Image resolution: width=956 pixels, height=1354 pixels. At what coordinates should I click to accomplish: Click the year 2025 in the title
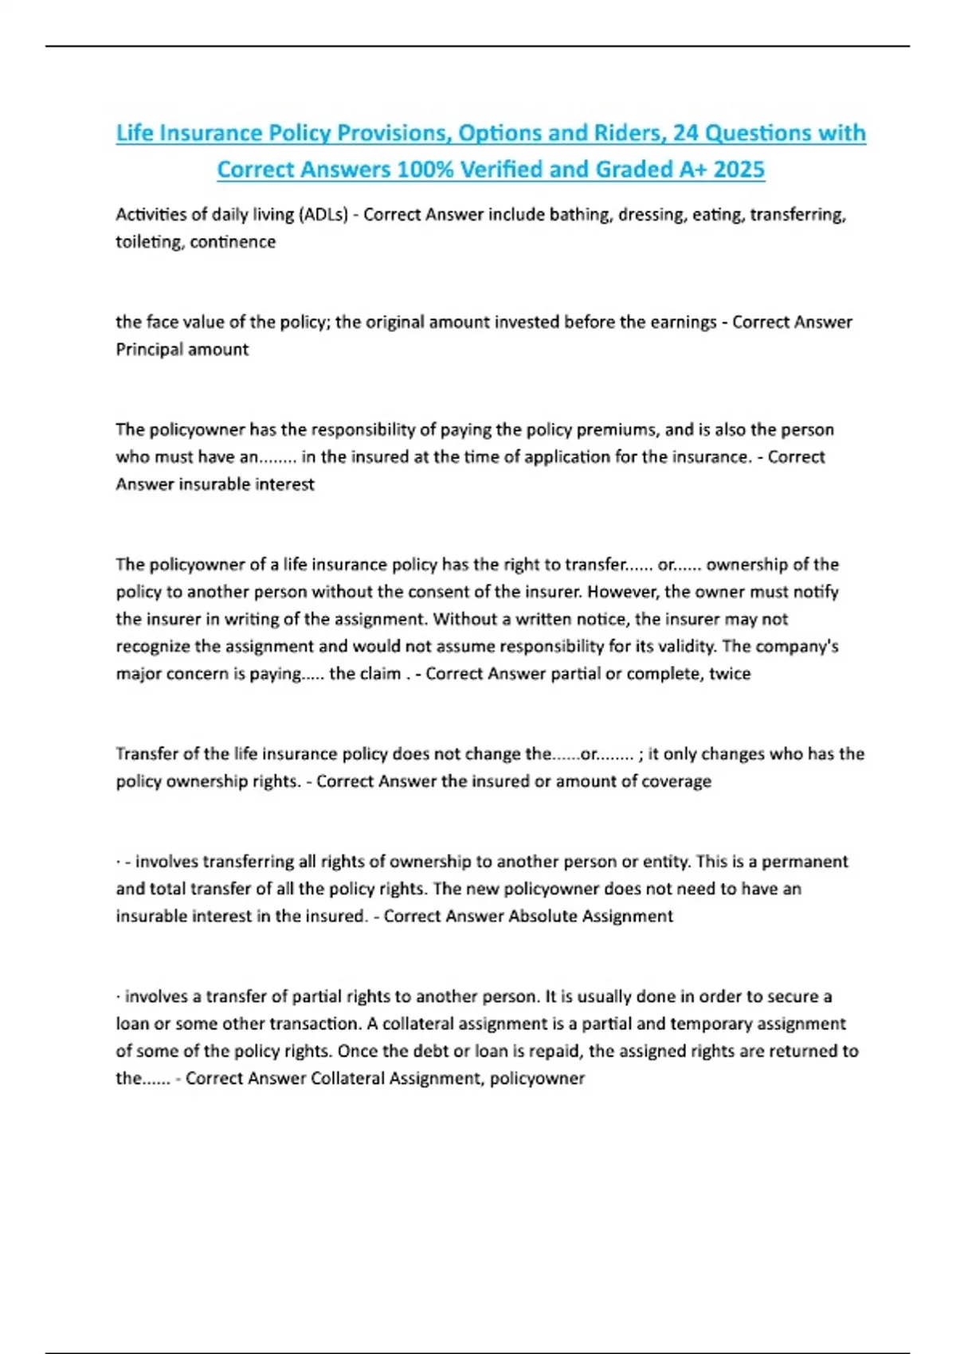(739, 169)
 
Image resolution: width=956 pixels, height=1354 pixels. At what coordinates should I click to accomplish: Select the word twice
(730, 673)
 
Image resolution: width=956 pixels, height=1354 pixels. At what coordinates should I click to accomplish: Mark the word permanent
(805, 861)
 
